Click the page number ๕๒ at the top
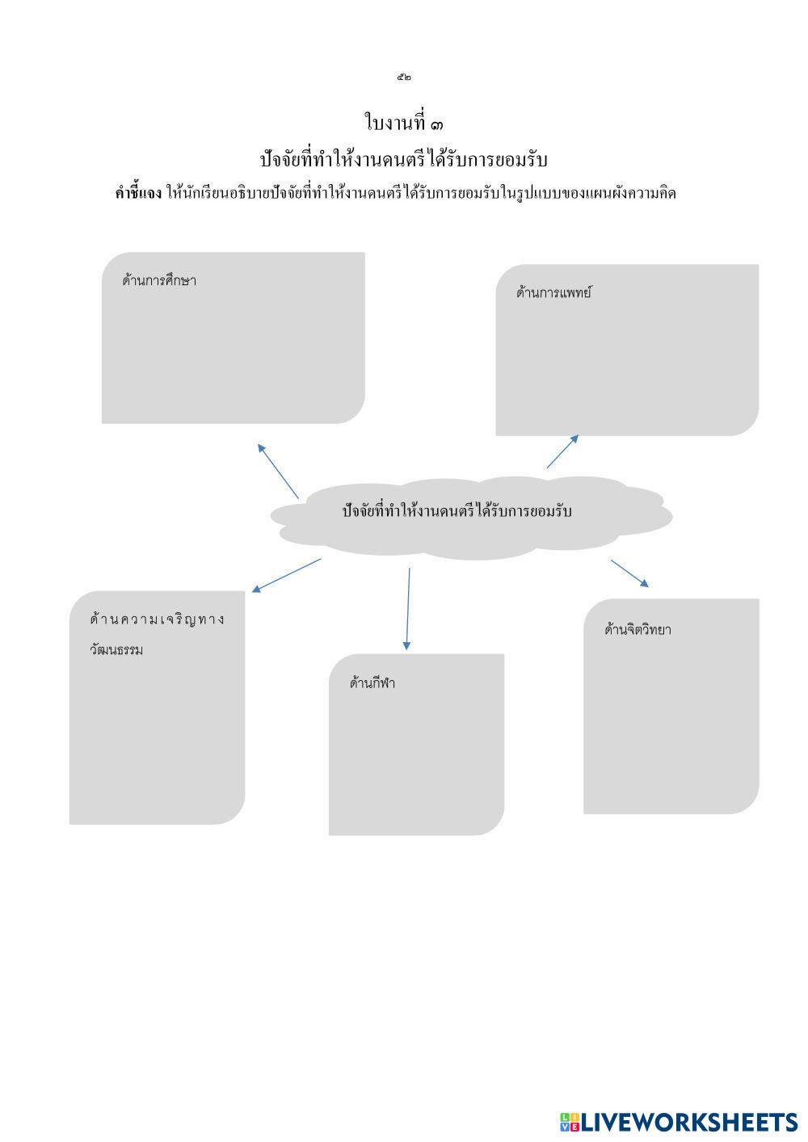click(404, 78)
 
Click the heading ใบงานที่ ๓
click(404, 124)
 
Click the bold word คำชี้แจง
click(138, 193)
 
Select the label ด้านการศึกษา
click(159, 281)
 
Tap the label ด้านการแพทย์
click(553, 293)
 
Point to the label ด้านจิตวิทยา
click(638, 630)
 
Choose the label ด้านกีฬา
click(372, 683)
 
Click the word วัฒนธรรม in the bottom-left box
click(116, 650)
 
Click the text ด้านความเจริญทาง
click(158, 619)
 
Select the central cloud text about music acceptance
click(457, 511)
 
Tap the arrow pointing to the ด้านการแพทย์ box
click(562, 451)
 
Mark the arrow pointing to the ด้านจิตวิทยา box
click(629, 573)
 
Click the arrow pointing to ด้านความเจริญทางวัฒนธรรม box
click(286, 575)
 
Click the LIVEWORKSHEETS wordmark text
click(689, 1122)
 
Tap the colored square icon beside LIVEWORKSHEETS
click(570, 1122)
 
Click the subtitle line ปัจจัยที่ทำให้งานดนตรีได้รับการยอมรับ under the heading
click(404, 160)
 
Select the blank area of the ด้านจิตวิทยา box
click(671, 727)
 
